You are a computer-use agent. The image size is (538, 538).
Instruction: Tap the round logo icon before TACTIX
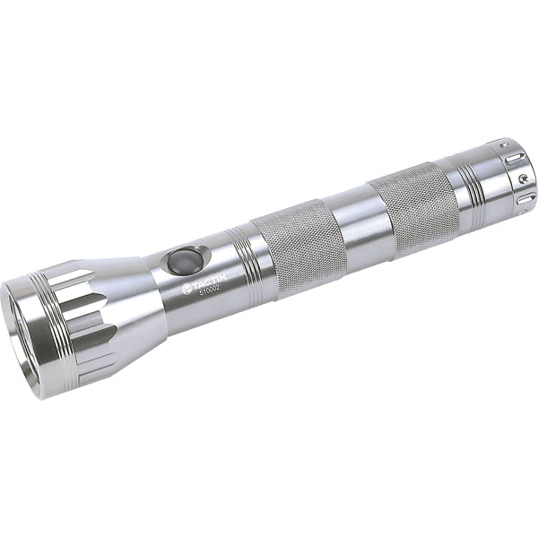click(x=187, y=290)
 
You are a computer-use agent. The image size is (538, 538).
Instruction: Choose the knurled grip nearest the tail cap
click(x=413, y=206)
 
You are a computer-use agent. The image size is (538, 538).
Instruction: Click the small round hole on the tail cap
click(x=523, y=179)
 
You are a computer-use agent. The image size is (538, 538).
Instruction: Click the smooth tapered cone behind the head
click(x=134, y=305)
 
